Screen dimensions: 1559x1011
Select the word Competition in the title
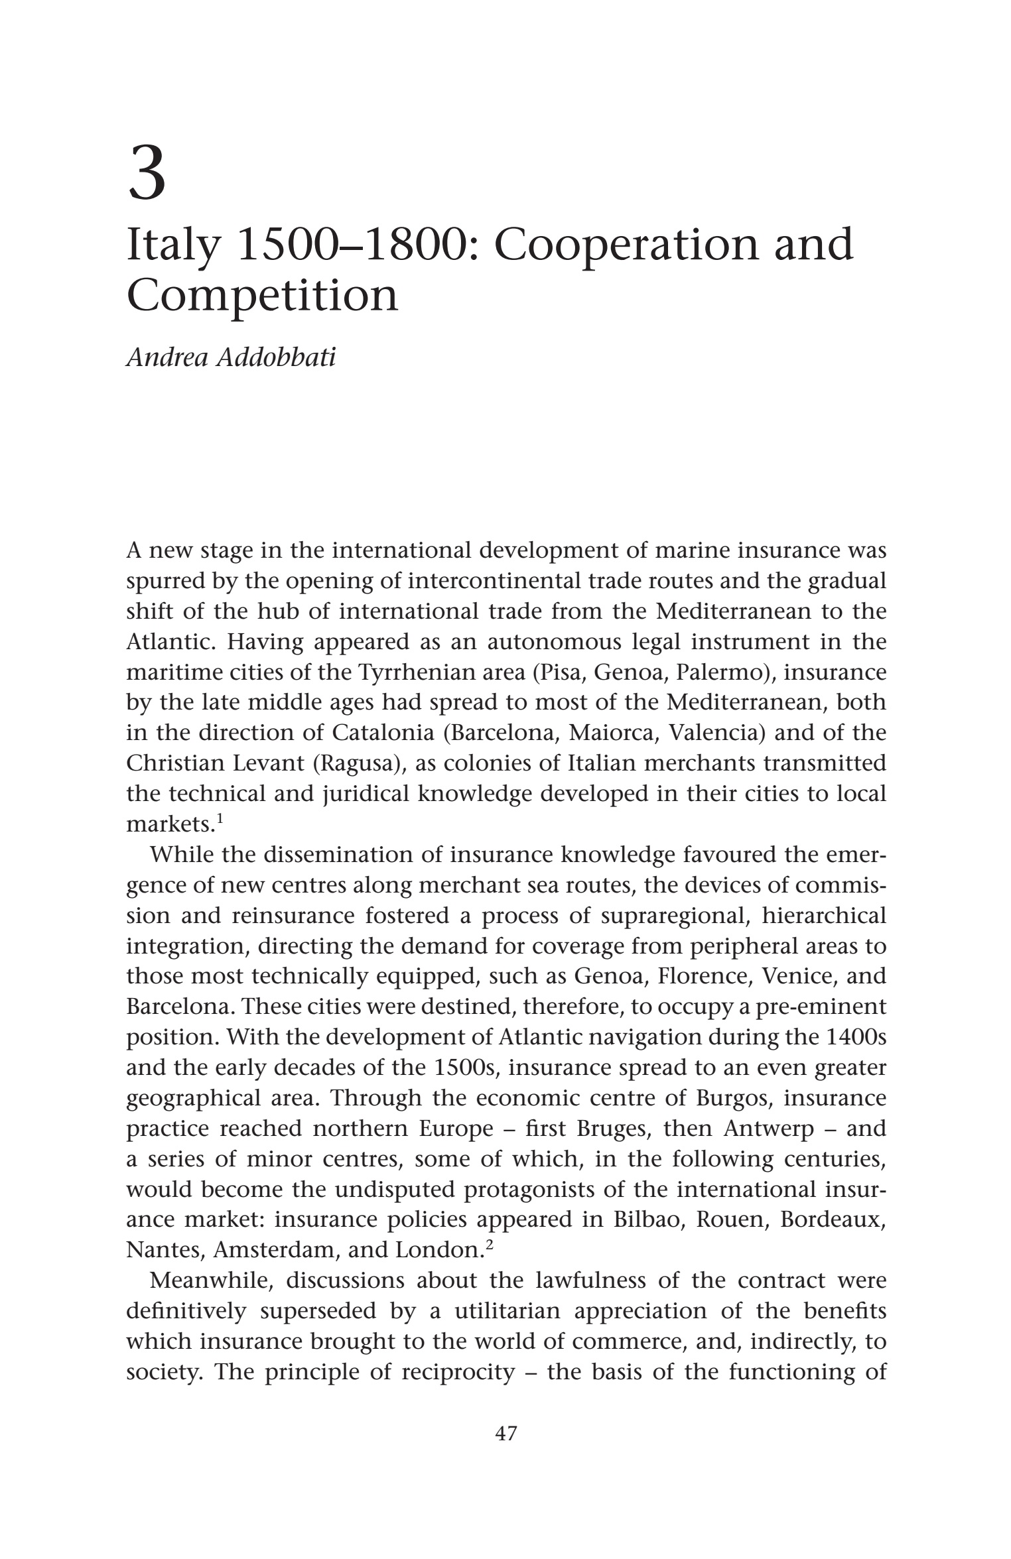coord(262,296)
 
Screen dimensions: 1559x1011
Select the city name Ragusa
coord(359,763)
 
